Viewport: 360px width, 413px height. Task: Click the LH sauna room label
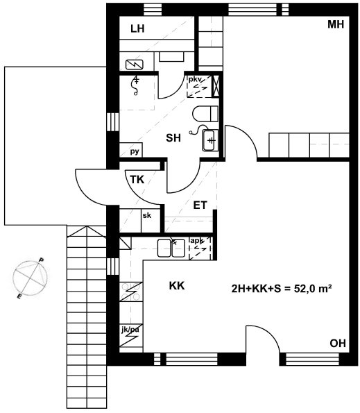(x=137, y=28)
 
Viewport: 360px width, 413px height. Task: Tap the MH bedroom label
(x=336, y=24)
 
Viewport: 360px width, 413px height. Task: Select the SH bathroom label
(x=173, y=137)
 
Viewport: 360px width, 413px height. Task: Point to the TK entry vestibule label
(x=137, y=180)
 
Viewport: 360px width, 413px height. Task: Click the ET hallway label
(x=200, y=205)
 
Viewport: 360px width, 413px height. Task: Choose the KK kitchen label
(x=177, y=286)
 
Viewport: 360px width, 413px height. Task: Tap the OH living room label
(x=338, y=343)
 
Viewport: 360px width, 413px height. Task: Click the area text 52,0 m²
(x=313, y=289)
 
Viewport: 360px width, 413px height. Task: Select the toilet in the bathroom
(x=205, y=114)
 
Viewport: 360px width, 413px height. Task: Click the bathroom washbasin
(x=210, y=140)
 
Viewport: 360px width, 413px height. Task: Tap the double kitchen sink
(x=171, y=248)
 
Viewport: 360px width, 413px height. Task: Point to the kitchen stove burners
(x=131, y=292)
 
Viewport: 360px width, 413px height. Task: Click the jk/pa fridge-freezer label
(x=130, y=330)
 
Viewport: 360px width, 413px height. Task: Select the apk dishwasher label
(x=197, y=240)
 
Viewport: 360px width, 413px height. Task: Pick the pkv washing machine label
(x=195, y=79)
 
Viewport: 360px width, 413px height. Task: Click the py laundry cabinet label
(x=135, y=152)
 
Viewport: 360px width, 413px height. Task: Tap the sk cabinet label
(x=147, y=215)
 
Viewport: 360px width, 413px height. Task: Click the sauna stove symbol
(x=135, y=65)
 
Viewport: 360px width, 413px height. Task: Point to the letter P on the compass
(x=42, y=260)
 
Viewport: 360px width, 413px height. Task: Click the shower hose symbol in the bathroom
(x=136, y=85)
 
